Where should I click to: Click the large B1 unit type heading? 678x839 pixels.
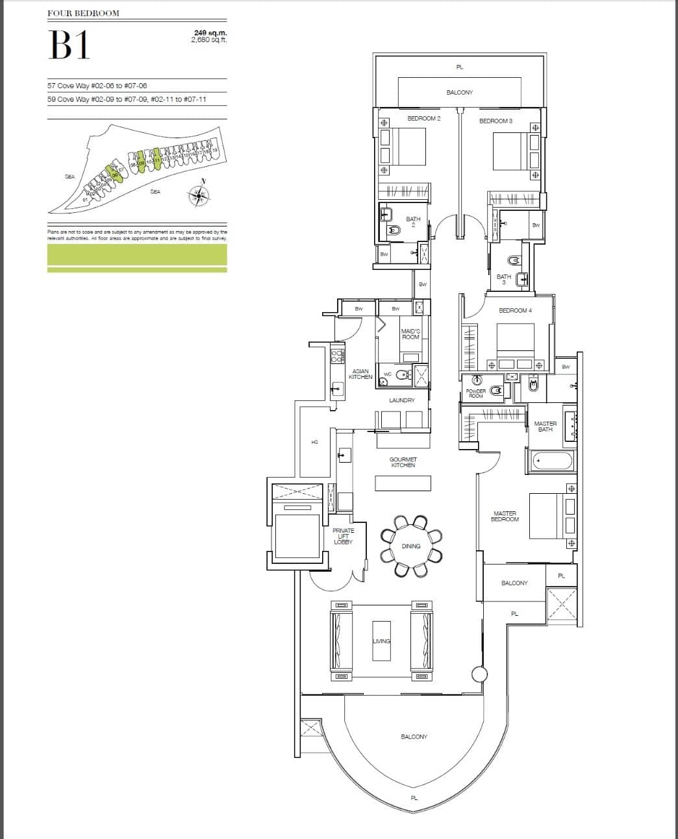coord(69,45)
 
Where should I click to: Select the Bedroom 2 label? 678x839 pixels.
coord(424,119)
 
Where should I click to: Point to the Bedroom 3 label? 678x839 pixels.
coord(496,121)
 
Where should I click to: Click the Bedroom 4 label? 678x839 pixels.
coord(515,311)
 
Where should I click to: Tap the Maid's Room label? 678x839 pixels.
coord(410,334)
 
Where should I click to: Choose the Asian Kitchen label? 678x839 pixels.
coord(360,374)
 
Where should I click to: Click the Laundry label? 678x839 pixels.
coord(402,400)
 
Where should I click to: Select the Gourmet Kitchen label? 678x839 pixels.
coord(403,462)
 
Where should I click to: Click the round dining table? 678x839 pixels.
coord(411,546)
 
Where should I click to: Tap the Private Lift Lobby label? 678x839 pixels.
coord(344,536)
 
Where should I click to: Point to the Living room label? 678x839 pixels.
coord(381,641)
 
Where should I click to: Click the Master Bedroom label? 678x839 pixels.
coord(505,517)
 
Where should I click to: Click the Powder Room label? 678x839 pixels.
coord(476,393)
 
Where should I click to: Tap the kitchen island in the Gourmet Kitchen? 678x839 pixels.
coord(403,483)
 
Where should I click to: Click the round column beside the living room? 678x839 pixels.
coord(479,674)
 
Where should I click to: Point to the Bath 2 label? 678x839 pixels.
coord(413,222)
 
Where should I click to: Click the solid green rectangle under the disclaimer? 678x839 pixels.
coord(137,254)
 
